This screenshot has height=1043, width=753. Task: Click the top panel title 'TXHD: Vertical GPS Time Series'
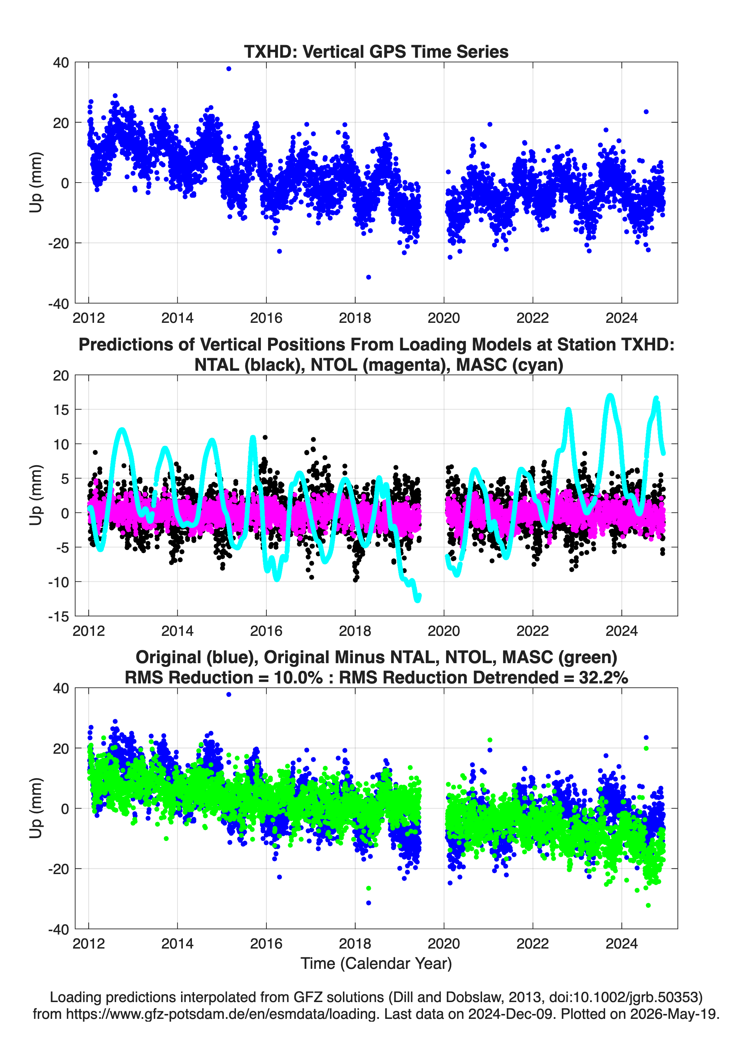[376, 51]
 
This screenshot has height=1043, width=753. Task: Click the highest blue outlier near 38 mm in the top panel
[229, 69]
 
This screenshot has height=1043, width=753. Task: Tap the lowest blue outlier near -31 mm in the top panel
[368, 277]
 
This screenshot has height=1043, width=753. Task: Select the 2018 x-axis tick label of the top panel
[355, 318]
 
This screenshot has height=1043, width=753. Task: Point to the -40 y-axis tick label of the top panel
[58, 304]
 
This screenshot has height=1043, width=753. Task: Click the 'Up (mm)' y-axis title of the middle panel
[36, 495]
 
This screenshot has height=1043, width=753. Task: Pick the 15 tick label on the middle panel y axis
[61, 409]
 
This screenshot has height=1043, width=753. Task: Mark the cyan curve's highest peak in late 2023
[610, 396]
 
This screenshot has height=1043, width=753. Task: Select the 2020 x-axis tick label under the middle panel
[444, 631]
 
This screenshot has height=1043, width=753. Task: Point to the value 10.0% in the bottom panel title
[298, 677]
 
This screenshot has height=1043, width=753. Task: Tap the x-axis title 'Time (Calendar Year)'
[376, 963]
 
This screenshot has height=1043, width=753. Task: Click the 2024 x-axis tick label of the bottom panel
[622, 943]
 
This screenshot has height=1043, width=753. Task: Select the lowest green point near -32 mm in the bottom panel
[648, 906]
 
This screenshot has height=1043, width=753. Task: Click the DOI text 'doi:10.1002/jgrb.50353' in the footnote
[621, 997]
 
